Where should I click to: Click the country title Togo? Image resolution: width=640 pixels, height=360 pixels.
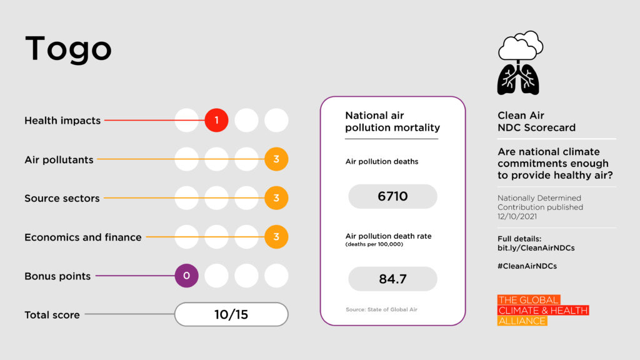tap(68, 49)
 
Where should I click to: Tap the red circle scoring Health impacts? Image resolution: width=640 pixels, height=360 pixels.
tap(216, 120)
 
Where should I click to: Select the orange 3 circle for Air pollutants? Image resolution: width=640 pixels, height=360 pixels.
tap(276, 159)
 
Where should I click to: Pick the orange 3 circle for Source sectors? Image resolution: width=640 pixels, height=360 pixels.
tap(276, 198)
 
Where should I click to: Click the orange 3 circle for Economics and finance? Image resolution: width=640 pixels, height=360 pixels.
tap(276, 237)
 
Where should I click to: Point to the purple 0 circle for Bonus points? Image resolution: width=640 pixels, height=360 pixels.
tap(186, 276)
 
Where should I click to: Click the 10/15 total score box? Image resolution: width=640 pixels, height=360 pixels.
tap(231, 314)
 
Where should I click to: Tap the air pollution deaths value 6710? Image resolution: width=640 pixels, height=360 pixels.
tap(392, 196)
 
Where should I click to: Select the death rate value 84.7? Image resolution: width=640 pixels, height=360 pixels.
tap(392, 279)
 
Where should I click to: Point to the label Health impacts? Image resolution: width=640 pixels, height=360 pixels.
tap(62, 121)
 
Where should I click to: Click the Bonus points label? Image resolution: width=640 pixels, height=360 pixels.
tap(57, 276)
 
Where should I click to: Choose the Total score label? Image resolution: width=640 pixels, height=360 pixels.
tap(52, 315)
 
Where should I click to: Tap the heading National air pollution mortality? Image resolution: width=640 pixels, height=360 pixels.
tap(392, 122)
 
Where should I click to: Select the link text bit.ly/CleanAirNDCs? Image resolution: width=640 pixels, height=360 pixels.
tap(536, 248)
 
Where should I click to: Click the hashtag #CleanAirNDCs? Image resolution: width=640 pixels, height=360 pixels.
tap(527, 266)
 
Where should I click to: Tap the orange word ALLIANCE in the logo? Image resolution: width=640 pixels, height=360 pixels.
tap(522, 321)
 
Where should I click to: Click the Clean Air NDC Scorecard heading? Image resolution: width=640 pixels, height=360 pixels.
tap(536, 121)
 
